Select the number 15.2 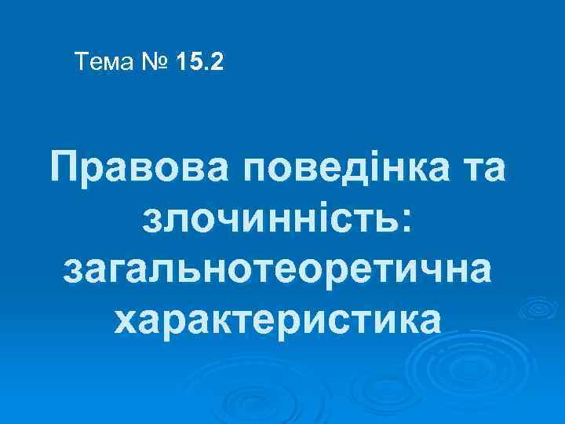(x=201, y=61)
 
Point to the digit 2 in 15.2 (x=217, y=61)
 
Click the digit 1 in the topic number (x=184, y=61)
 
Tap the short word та (x=480, y=169)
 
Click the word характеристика (x=278, y=318)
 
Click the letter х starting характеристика (x=128, y=320)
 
